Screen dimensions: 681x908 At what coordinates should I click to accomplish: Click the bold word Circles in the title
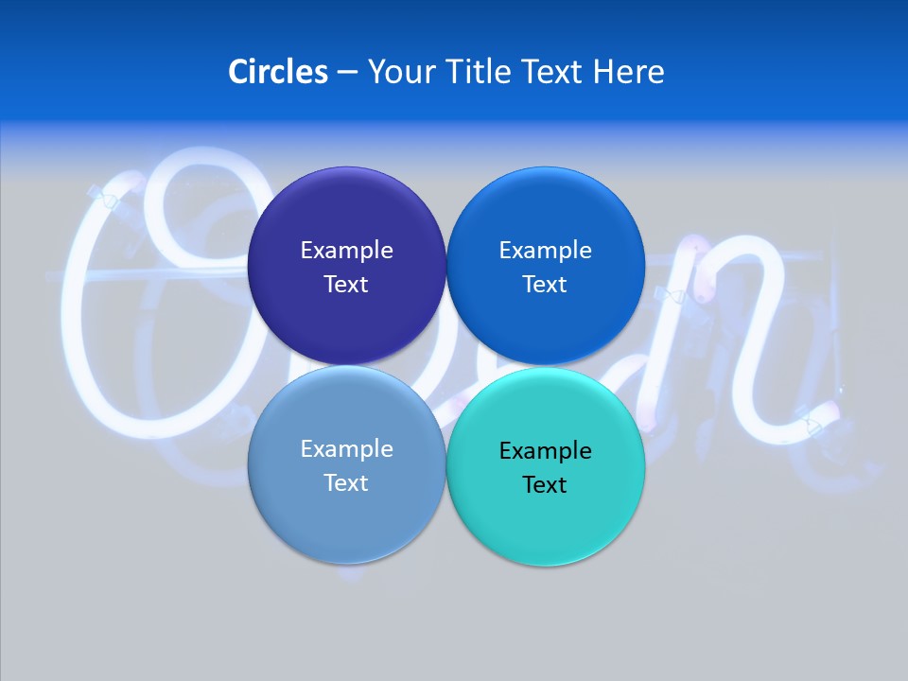(x=277, y=72)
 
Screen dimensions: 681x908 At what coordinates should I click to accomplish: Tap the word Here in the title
(x=628, y=72)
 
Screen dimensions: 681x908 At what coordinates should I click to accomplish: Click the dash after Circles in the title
(x=347, y=73)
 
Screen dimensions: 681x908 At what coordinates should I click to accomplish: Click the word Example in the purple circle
(x=346, y=251)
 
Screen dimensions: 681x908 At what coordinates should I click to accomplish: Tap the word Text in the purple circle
(x=346, y=285)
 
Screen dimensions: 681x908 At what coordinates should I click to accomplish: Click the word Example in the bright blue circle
(x=546, y=251)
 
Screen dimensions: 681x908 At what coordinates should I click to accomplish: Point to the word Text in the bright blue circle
(x=546, y=285)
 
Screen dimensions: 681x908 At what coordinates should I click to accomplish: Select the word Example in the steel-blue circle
(x=346, y=449)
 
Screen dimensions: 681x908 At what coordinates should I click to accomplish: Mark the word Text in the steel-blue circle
(x=346, y=483)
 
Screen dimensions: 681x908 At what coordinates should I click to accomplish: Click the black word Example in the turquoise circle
(x=546, y=451)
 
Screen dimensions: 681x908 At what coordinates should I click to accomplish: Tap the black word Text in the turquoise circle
(x=546, y=485)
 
